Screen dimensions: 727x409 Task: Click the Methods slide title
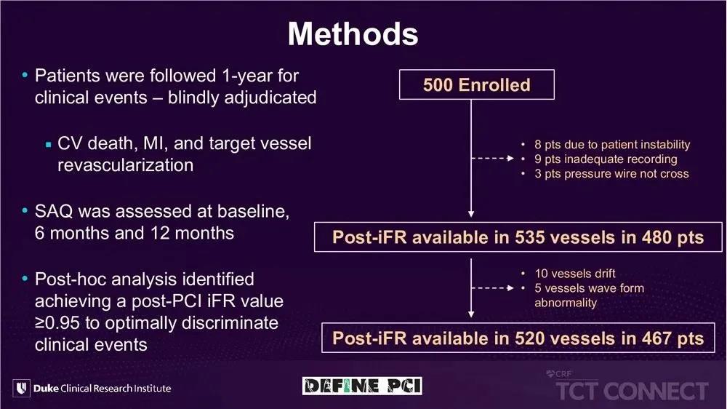[x=353, y=34]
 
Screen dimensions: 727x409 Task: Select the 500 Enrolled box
[x=477, y=84]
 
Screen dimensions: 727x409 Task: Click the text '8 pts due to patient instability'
[x=612, y=144]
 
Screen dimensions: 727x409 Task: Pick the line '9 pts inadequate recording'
[x=606, y=159]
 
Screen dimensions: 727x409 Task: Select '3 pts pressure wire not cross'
[x=611, y=174]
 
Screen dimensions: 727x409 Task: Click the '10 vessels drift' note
[x=575, y=274]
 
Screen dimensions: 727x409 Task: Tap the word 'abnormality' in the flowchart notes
[x=566, y=303]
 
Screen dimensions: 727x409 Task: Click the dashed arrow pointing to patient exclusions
[x=492, y=159]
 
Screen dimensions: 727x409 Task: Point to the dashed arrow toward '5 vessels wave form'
[x=492, y=288]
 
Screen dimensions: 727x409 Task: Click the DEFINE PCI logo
[x=362, y=386]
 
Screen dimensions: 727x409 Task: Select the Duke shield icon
[x=21, y=388]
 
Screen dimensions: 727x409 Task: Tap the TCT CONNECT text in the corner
[x=632, y=390]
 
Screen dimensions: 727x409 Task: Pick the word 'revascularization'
[x=125, y=165]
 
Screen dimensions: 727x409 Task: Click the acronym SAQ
[x=54, y=211]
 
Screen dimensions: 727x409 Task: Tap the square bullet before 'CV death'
[x=48, y=145]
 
